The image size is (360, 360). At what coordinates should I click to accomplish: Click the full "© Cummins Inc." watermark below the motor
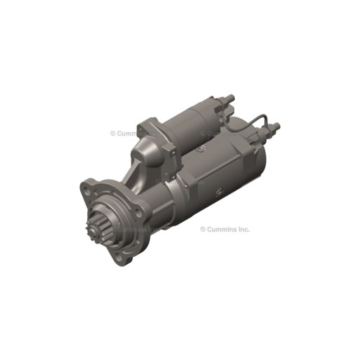point(225,229)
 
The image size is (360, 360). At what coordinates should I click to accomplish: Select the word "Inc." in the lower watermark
point(243,229)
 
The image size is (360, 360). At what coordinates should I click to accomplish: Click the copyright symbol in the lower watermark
point(203,229)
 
